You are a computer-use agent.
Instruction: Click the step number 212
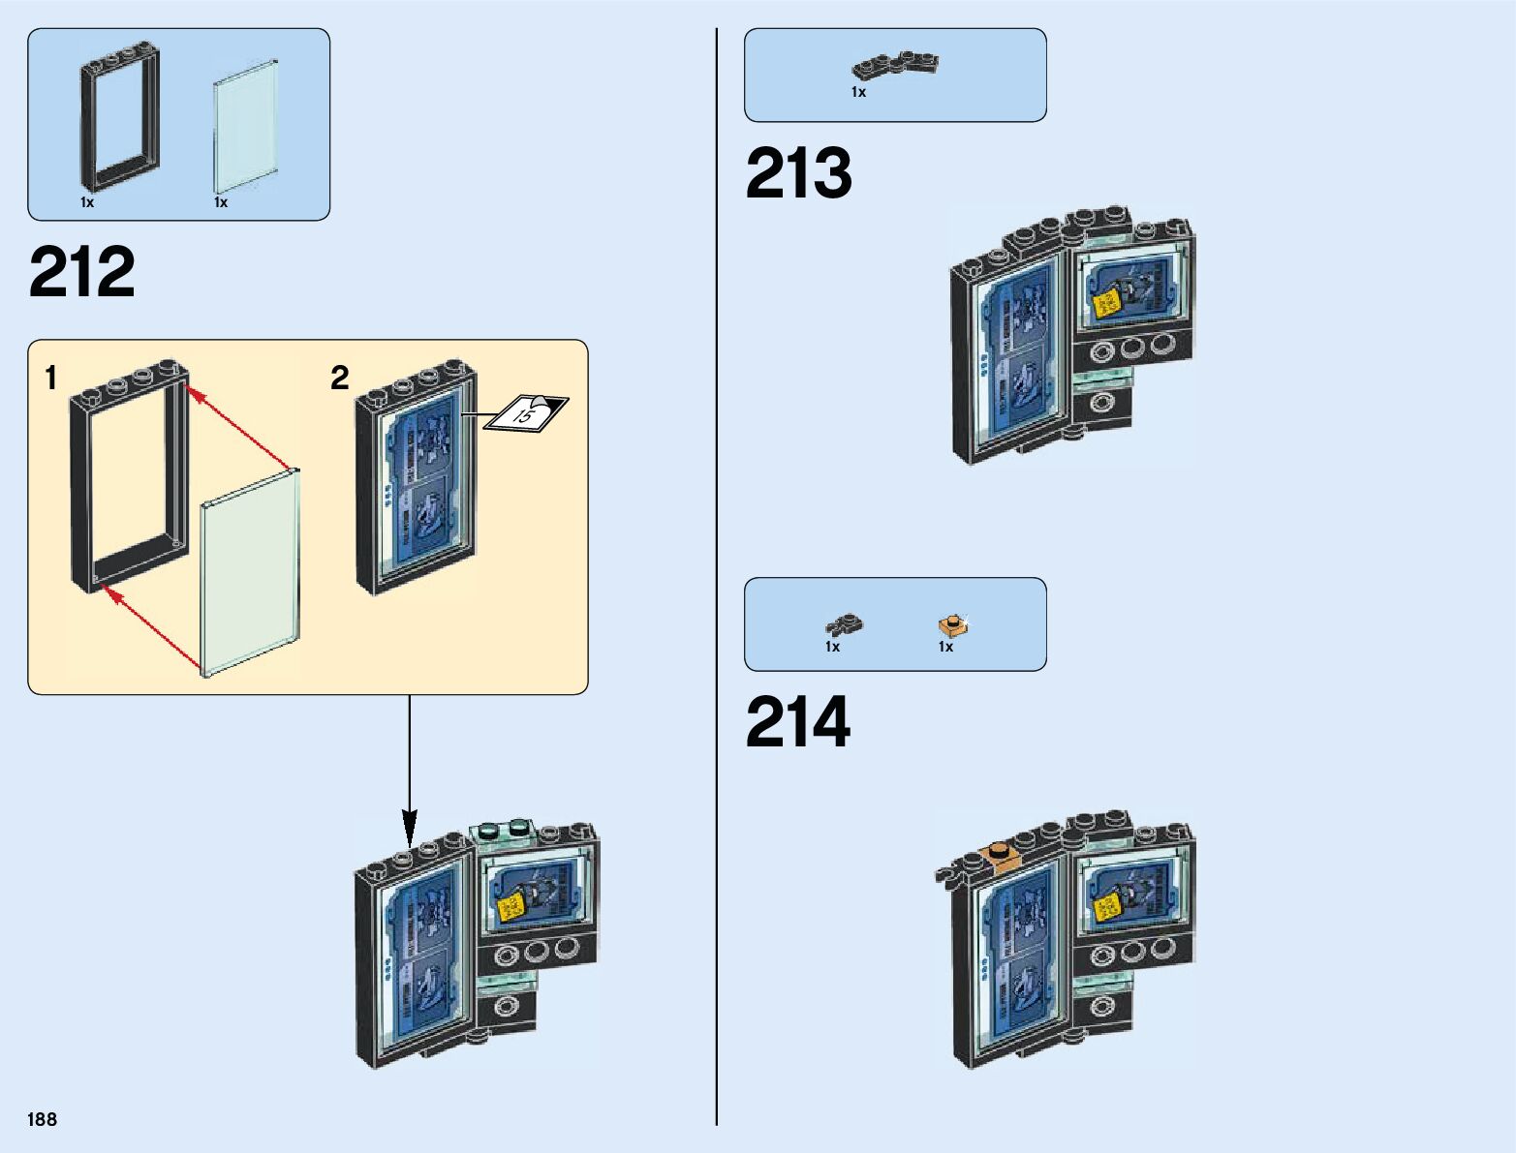tap(82, 272)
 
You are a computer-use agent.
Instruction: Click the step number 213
tap(798, 174)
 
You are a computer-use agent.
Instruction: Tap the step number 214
tap(797, 722)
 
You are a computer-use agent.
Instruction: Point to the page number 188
tap(43, 1119)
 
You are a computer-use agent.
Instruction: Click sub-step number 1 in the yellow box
tap(51, 378)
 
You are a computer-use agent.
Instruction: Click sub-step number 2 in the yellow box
tap(339, 378)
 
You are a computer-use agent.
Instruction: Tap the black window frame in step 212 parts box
tap(119, 116)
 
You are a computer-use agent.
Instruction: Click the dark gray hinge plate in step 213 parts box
tap(895, 65)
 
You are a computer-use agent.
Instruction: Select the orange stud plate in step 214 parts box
tap(953, 624)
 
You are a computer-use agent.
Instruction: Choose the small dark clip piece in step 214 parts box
tap(844, 624)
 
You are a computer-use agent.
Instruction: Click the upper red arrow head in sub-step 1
tap(193, 392)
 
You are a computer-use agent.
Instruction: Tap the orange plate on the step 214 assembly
tap(999, 857)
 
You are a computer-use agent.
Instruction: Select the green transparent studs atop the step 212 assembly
tap(504, 829)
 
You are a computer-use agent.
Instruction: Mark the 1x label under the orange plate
tap(945, 647)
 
